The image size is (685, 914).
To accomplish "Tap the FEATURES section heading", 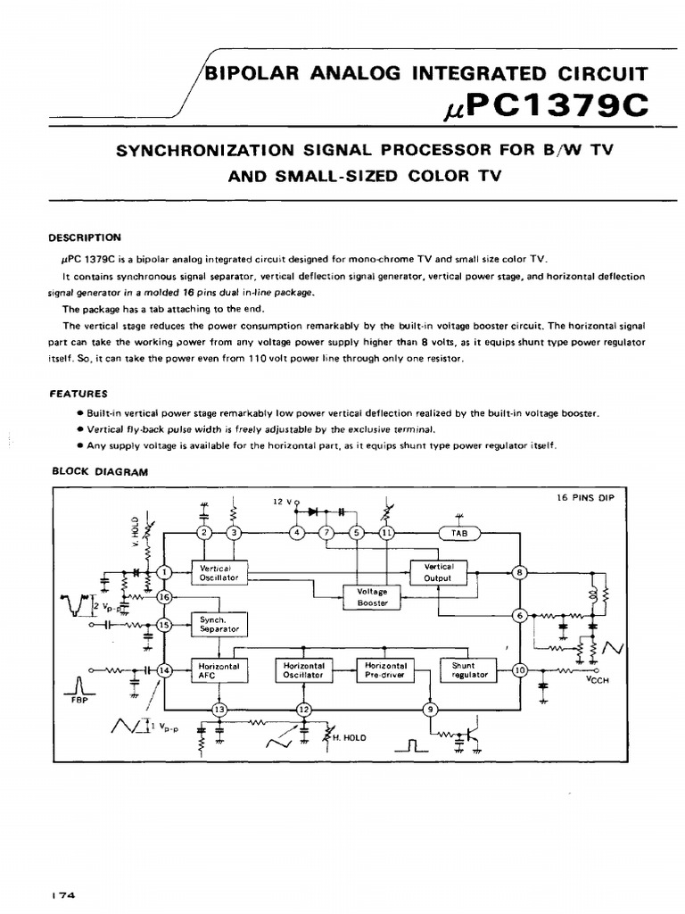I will coord(78,393).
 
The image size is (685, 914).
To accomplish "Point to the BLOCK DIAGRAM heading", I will coord(98,472).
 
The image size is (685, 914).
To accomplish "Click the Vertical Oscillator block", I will coord(219,573).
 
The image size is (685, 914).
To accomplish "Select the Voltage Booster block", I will coord(372,595).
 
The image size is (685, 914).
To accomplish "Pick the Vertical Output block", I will coord(439,572).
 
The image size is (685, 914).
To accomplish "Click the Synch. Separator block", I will coord(219,623).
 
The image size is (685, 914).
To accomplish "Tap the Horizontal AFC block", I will coord(219,670).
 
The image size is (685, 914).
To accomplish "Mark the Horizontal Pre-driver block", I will coord(385,670).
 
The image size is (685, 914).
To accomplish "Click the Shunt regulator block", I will coord(469,670).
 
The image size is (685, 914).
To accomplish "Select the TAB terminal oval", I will coord(459,534).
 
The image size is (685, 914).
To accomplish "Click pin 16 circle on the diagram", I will coord(163,597).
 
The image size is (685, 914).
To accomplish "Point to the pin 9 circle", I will coord(430,709).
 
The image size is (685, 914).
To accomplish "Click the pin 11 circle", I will coord(386,534).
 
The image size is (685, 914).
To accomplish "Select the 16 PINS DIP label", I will coord(579,497).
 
